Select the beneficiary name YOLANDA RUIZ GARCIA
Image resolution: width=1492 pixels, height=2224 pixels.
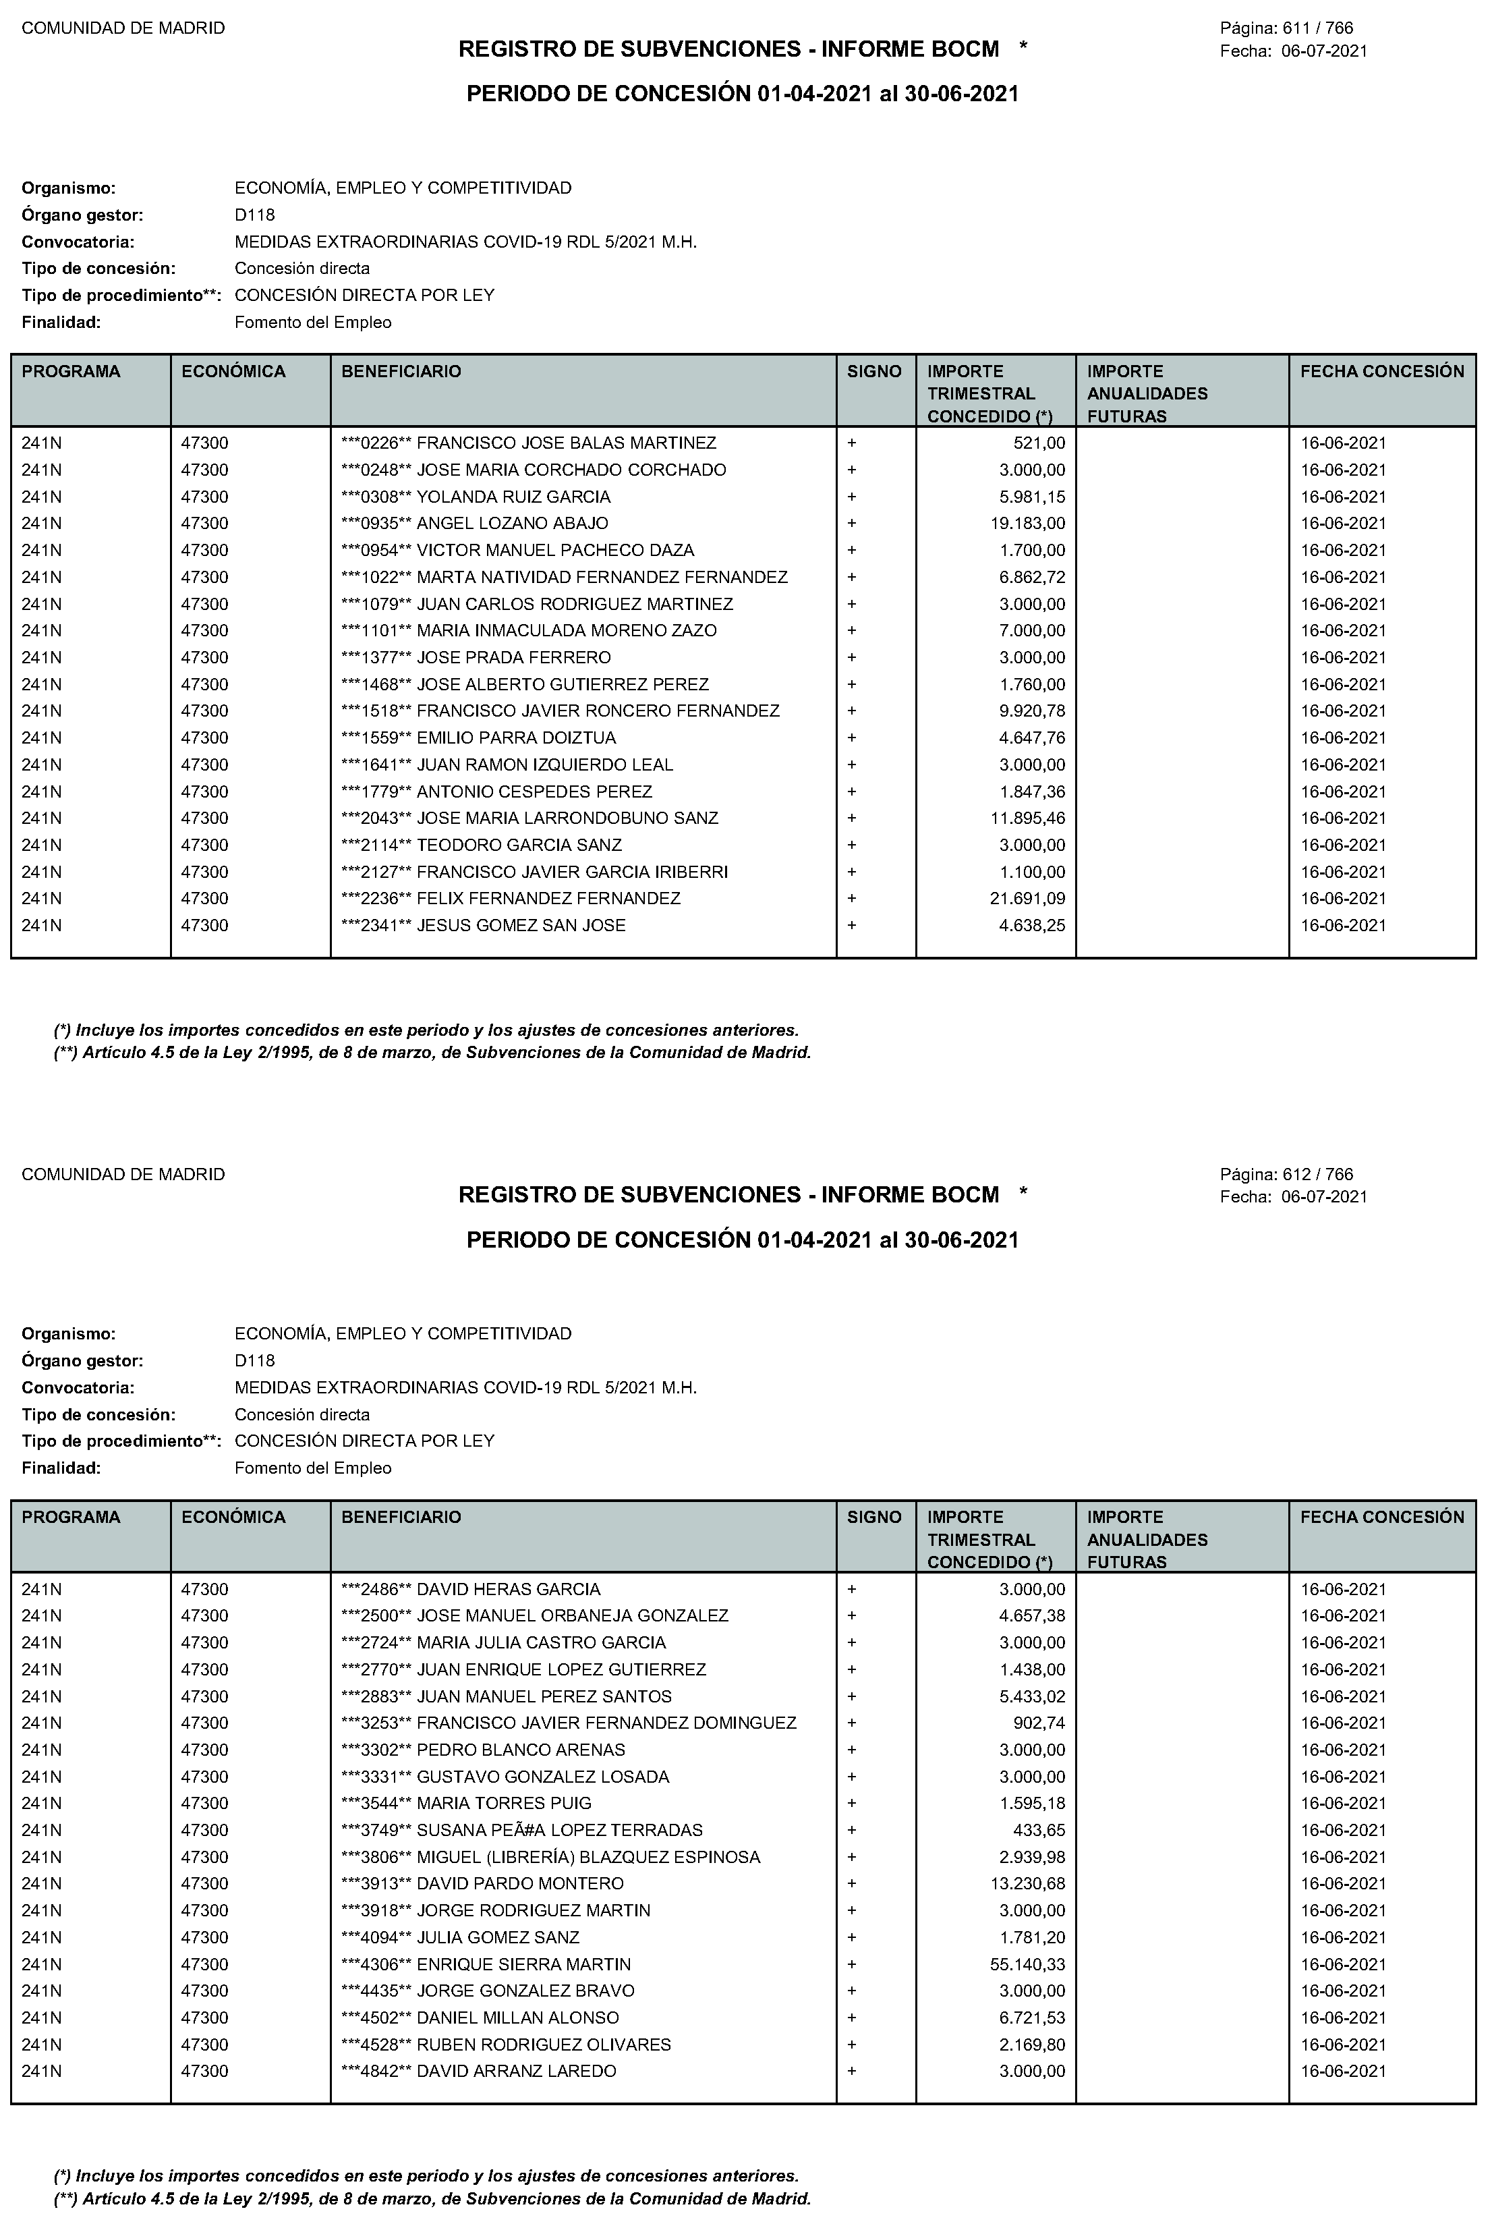pos(514,497)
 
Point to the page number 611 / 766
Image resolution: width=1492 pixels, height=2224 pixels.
pos(1318,28)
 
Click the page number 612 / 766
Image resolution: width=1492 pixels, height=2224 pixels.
pos(1318,1174)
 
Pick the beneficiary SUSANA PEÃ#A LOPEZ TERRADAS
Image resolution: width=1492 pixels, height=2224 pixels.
pos(560,1830)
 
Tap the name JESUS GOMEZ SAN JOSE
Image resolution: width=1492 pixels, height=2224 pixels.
pos(521,925)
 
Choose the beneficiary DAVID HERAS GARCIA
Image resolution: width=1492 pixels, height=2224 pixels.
pos(509,1589)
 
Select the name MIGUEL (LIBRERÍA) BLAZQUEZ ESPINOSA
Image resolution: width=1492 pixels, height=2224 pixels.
pos(588,1857)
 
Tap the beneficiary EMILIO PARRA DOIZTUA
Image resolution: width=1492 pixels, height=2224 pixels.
pos(517,738)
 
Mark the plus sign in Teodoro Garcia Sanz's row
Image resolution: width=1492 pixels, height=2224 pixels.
pos(852,845)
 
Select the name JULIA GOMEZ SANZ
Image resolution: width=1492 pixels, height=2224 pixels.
pos(498,1937)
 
